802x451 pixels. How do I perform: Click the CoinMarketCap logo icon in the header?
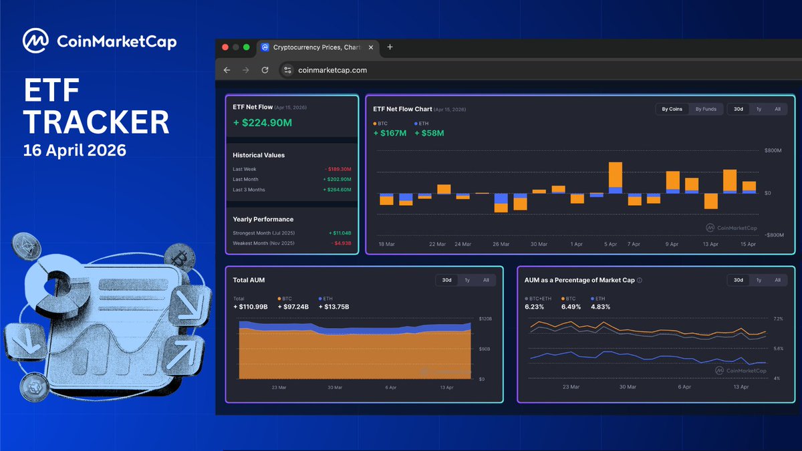[x=35, y=41]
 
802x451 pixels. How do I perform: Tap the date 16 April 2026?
[x=75, y=150]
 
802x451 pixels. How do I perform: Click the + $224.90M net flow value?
[x=262, y=122]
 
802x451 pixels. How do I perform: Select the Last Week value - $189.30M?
[x=338, y=170]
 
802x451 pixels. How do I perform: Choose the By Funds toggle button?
[x=706, y=109]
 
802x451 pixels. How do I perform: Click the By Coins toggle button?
[x=672, y=109]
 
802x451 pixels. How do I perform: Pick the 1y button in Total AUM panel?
[x=467, y=280]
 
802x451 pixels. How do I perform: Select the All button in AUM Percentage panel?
[x=777, y=280]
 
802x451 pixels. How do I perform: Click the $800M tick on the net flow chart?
[x=773, y=151]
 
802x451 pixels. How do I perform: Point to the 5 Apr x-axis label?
[x=610, y=245]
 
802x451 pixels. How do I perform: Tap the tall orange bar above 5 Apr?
[x=616, y=174]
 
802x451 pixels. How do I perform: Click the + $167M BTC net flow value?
[x=390, y=133]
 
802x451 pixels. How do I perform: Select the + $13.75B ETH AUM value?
[x=333, y=307]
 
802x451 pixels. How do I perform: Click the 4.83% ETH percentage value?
[x=599, y=307]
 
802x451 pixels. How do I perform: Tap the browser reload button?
[x=265, y=70]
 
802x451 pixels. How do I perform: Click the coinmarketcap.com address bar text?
[x=331, y=70]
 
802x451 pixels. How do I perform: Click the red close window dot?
[x=225, y=47]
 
